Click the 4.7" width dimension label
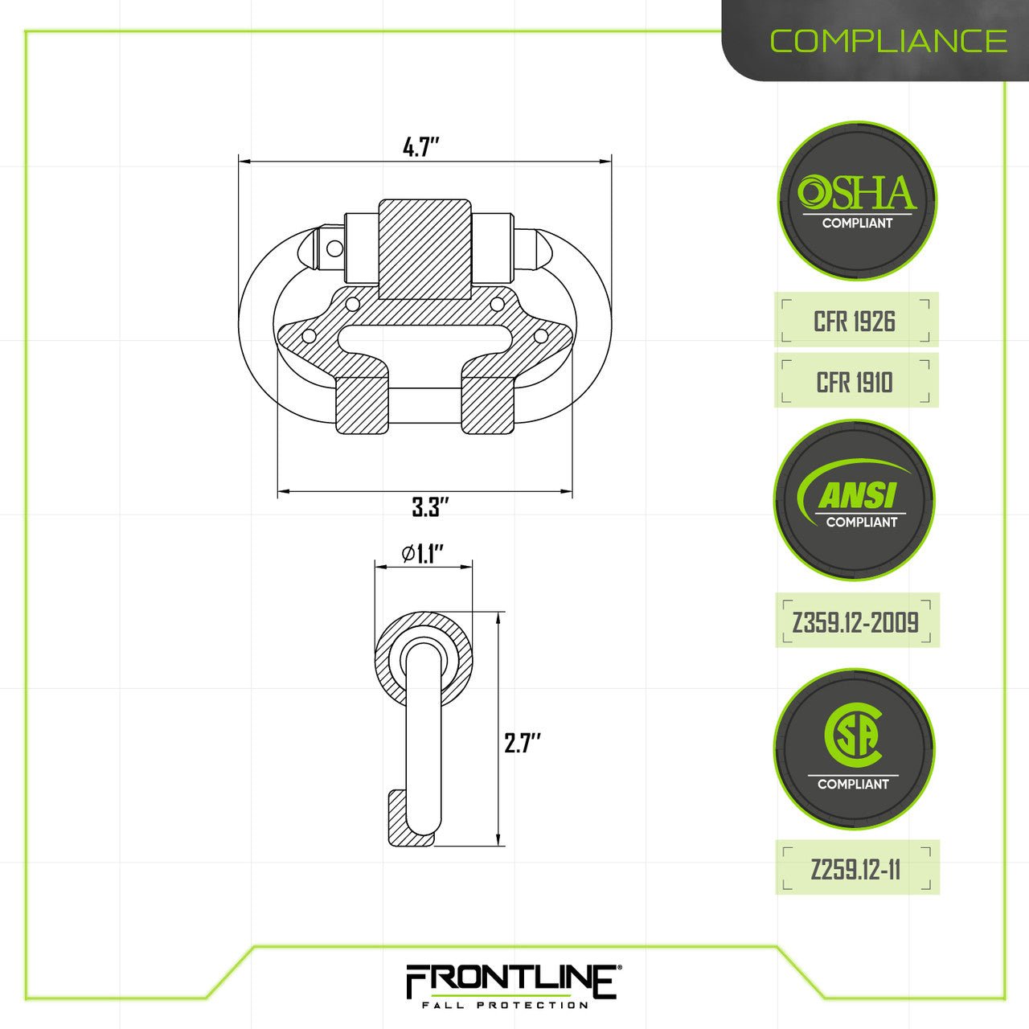coord(421,148)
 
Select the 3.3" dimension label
coord(429,507)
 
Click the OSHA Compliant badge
coord(857,201)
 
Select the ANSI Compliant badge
coord(855,499)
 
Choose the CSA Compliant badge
coord(854,749)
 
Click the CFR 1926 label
coord(855,322)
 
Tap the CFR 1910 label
coord(855,382)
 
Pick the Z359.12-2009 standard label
coord(856,621)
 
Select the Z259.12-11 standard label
coord(856,869)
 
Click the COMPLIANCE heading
coord(888,41)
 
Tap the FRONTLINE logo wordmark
coord(510,981)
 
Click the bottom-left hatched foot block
coord(360,404)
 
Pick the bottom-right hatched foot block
coord(487,404)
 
